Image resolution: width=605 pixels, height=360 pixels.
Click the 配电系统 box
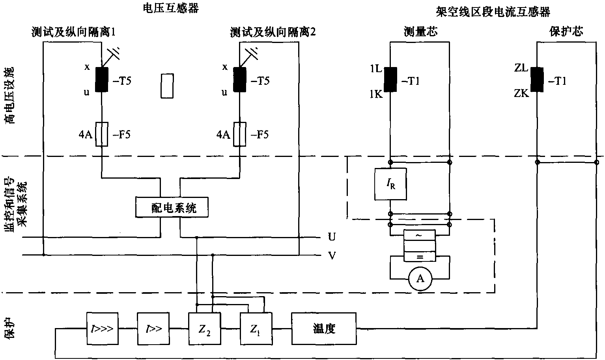pyautogui.click(x=172, y=207)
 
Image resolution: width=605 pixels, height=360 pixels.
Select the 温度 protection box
pyautogui.click(x=324, y=328)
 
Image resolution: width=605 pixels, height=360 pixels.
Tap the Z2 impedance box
pyautogui.click(x=205, y=328)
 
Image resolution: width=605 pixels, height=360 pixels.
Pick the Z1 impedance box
pyautogui.click(x=256, y=328)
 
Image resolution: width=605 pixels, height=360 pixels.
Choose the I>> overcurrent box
pyautogui.click(x=153, y=328)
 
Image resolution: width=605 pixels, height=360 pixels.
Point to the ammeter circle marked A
pyautogui.click(x=420, y=279)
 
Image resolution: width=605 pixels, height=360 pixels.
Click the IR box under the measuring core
pyautogui.click(x=390, y=183)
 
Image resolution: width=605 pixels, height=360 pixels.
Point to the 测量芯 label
pyautogui.click(x=420, y=32)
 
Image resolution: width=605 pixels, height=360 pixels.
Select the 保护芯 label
pyautogui.click(x=566, y=32)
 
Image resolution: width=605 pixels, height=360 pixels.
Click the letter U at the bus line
pyautogui.click(x=332, y=237)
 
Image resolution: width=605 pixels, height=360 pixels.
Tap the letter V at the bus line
pyautogui.click(x=332, y=256)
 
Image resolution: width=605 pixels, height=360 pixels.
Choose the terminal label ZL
pyautogui.click(x=521, y=68)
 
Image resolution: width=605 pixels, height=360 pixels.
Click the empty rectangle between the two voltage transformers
pyautogui.click(x=167, y=85)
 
